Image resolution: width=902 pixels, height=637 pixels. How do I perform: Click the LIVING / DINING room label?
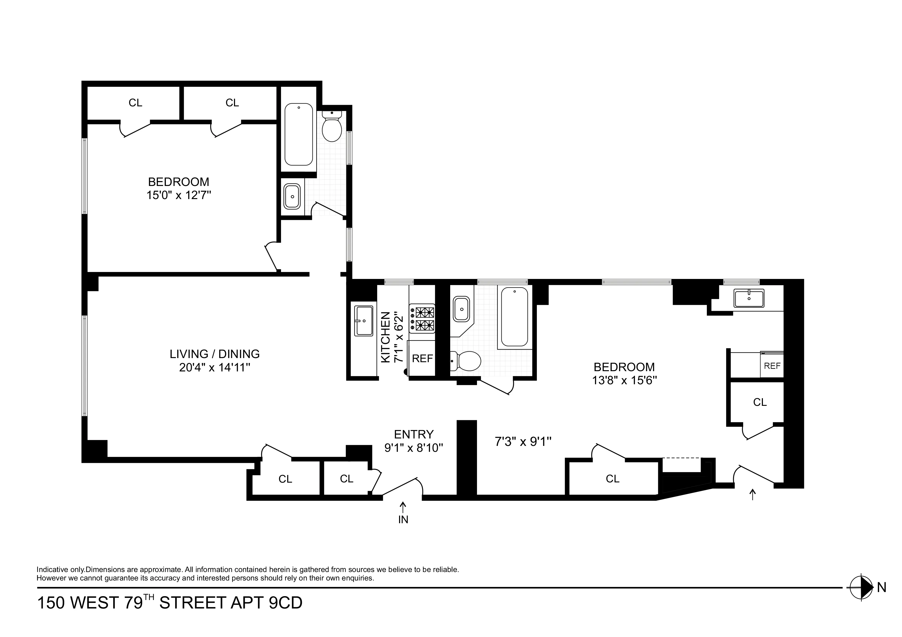(214, 354)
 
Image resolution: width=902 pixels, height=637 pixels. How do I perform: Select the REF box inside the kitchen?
(422, 358)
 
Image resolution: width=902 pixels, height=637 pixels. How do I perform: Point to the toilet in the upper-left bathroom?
(332, 128)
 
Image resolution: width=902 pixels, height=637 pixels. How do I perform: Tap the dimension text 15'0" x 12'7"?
(179, 195)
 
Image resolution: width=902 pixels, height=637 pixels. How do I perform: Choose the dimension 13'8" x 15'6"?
(624, 380)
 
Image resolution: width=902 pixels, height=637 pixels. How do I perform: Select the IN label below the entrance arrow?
(403, 520)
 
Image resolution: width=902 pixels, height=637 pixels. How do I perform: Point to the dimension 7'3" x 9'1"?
(523, 442)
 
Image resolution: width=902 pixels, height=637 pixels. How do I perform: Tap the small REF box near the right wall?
(772, 366)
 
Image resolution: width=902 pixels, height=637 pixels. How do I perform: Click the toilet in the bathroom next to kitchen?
(467, 360)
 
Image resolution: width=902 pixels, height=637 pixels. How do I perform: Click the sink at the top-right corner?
(749, 298)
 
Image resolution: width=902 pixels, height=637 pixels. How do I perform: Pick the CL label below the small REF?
(760, 402)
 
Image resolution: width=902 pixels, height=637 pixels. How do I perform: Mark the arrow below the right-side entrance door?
(752, 494)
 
